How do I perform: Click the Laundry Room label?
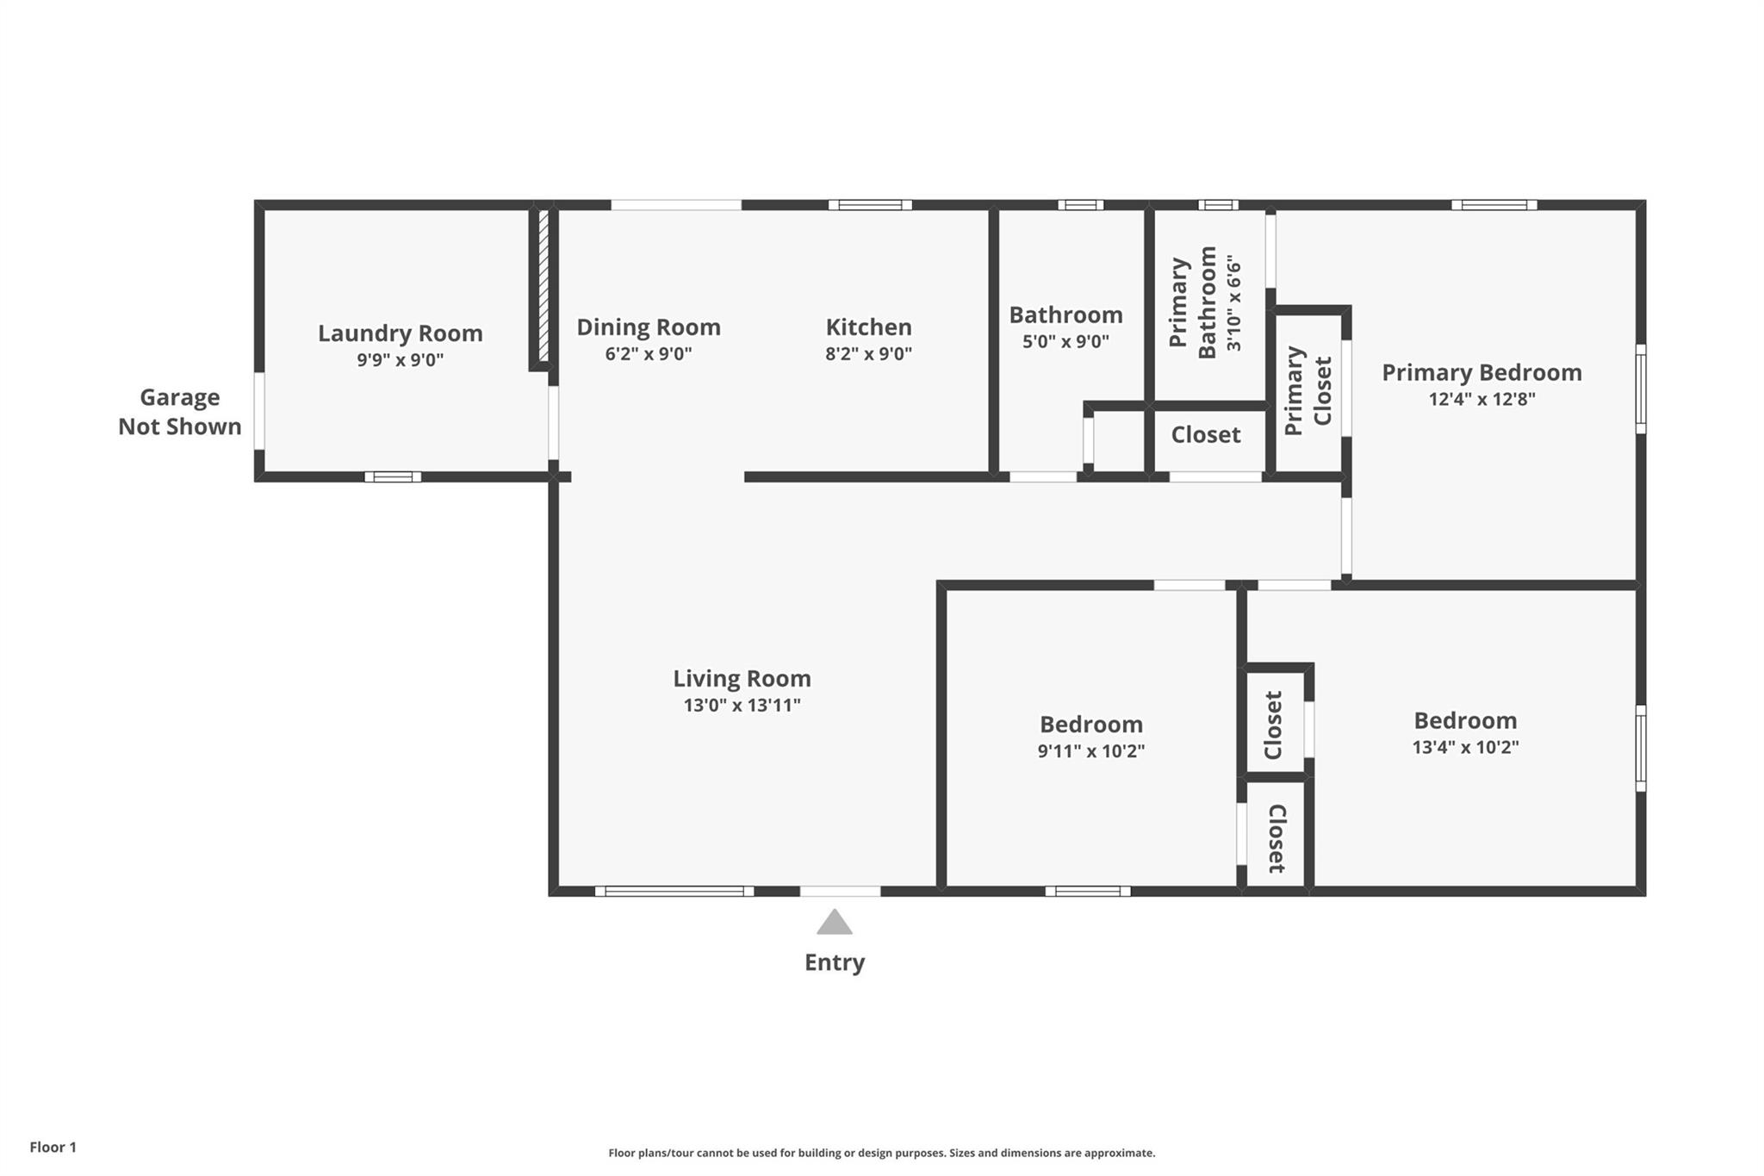click(x=401, y=333)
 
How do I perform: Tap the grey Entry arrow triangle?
click(x=835, y=922)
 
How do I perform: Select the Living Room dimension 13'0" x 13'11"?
click(x=742, y=705)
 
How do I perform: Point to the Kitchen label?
click(x=868, y=327)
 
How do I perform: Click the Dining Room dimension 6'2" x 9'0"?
click(x=649, y=353)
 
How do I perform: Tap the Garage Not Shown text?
click(x=180, y=412)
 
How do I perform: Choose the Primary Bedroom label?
click(x=1482, y=373)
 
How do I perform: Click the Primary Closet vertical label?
click(x=1308, y=391)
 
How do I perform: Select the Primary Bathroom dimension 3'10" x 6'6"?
click(x=1235, y=302)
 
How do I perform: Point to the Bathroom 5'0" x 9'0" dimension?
click(x=1065, y=341)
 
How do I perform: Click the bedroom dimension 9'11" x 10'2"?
click(x=1091, y=750)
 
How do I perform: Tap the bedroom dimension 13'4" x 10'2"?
click(x=1465, y=747)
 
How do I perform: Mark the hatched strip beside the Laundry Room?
click(x=543, y=285)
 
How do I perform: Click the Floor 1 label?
click(x=53, y=1147)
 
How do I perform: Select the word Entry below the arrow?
click(x=835, y=962)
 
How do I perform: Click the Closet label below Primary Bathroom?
click(x=1206, y=435)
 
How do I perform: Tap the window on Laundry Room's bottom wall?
click(x=393, y=476)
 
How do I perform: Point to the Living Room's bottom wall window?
click(x=674, y=891)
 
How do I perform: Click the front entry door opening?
click(x=841, y=891)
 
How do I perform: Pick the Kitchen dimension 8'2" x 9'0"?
click(x=868, y=353)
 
